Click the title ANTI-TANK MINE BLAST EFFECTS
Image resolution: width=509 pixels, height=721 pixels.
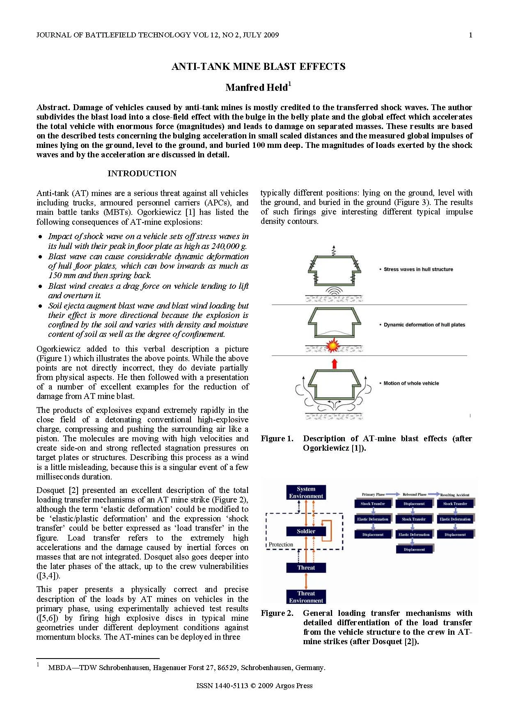[258, 67]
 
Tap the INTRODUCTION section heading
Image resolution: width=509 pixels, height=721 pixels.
[142, 173]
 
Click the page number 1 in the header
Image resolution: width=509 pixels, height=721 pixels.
[470, 35]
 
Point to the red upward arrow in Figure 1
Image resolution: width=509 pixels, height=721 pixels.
[334, 364]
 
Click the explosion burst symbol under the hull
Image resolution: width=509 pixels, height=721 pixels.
[332, 346]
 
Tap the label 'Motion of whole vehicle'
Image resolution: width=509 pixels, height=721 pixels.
[411, 383]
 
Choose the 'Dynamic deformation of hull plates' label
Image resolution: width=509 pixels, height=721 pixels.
[424, 325]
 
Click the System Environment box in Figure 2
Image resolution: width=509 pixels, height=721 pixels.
[306, 493]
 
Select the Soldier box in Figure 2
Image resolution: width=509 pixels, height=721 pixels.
[306, 531]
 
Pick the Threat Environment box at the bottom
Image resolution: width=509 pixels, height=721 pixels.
[306, 597]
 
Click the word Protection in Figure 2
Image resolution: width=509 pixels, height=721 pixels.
[281, 545]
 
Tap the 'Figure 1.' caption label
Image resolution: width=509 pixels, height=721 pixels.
[277, 439]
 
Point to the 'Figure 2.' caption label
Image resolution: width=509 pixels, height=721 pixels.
[277, 613]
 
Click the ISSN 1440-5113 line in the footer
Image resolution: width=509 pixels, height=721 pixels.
[254, 686]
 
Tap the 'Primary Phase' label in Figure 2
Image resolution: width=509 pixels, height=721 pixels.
[373, 495]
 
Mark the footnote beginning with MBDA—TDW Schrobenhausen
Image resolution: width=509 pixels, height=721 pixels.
[186, 668]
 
